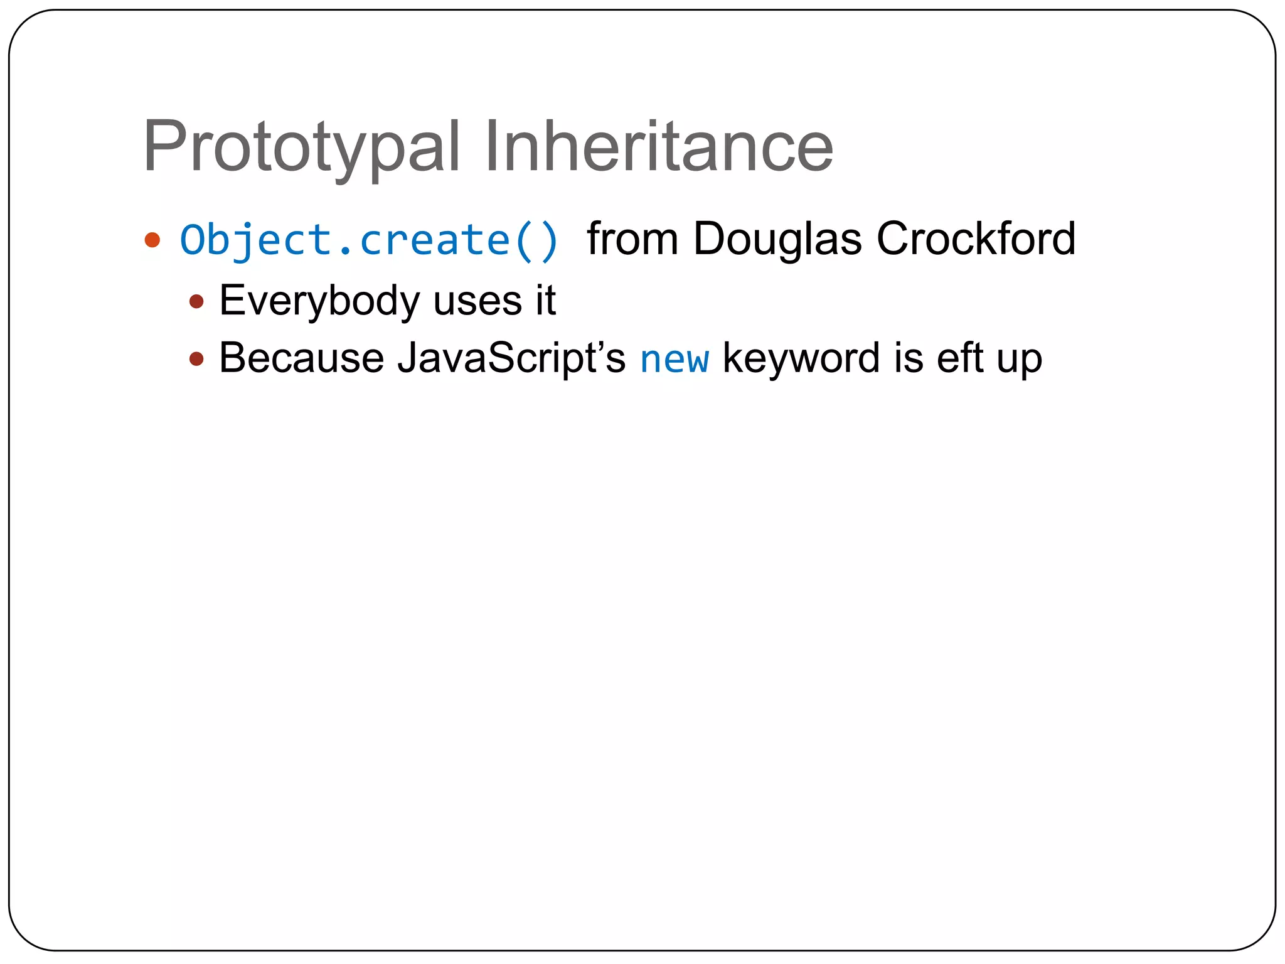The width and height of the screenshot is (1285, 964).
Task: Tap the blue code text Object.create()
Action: coord(369,240)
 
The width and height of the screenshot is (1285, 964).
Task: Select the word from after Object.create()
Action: coord(632,239)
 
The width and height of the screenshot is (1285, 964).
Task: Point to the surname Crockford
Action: coord(976,239)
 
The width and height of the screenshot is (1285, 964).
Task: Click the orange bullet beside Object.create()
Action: coord(152,240)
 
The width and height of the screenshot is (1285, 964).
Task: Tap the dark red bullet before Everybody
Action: coord(196,301)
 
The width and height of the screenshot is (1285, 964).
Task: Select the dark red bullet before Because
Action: coord(196,359)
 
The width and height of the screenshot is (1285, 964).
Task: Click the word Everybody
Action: coord(319,301)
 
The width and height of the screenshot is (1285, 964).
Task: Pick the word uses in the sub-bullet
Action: coord(477,301)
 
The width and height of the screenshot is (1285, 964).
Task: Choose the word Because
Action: coord(301,358)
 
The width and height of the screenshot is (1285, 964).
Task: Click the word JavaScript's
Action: coord(511,359)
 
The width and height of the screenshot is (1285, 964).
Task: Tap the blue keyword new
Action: coord(674,360)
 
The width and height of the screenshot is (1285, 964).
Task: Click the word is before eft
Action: coord(909,358)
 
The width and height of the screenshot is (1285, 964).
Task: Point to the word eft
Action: coord(959,358)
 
